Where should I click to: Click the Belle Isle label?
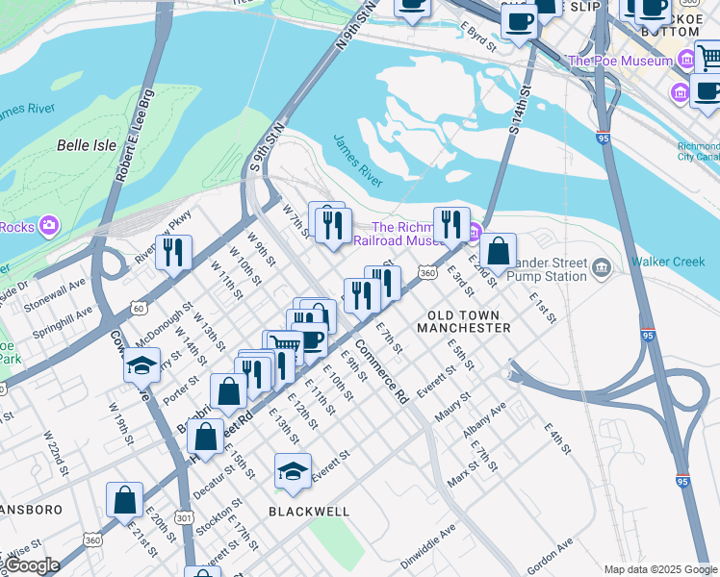(87, 145)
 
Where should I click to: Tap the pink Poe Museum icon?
(685, 61)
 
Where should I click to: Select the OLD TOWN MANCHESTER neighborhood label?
(463, 321)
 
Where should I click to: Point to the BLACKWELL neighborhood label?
(309, 512)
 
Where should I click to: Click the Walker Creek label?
(668, 262)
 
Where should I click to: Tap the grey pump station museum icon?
(602, 265)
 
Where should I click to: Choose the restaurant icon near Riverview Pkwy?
(173, 252)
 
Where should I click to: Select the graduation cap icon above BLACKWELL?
(293, 470)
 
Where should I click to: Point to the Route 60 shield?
(140, 308)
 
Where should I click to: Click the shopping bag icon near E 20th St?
(124, 499)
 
